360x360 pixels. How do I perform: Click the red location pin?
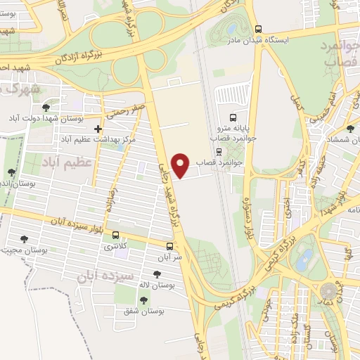pyautogui.click(x=181, y=165)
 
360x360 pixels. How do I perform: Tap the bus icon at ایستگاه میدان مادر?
pyautogui.click(x=259, y=30)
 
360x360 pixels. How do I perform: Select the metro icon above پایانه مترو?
pyautogui.click(x=233, y=117)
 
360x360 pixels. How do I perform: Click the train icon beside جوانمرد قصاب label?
pyautogui.click(x=219, y=150)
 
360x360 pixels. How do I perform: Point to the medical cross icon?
pyautogui.click(x=98, y=129)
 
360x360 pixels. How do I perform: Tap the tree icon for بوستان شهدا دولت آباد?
pyautogui.click(x=46, y=107)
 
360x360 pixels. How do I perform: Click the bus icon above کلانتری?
pyautogui.click(x=115, y=236)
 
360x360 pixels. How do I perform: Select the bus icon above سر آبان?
pyautogui.click(x=169, y=246)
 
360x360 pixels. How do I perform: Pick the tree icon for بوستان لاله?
pyautogui.click(x=153, y=275)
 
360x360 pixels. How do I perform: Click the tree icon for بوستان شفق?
pyautogui.click(x=143, y=300)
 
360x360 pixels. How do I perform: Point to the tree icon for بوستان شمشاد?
pyautogui.click(x=351, y=129)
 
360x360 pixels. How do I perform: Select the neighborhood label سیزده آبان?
pyautogui.click(x=105, y=274)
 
